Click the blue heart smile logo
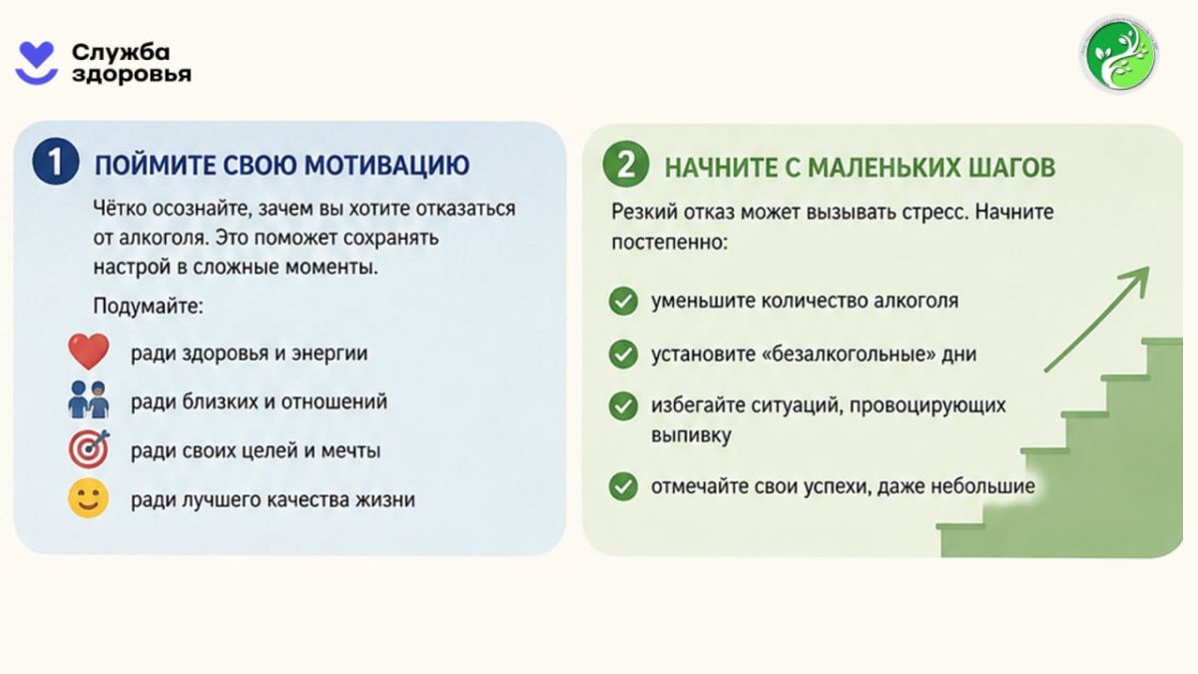(36, 63)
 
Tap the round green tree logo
(1119, 54)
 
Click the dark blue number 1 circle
(56, 162)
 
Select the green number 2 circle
(626, 164)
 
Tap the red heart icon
(88, 351)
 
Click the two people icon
(88, 399)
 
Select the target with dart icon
(89, 448)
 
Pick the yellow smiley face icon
(88, 498)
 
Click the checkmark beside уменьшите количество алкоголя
(623, 301)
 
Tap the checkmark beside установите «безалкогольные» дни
(623, 353)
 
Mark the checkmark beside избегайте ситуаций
(623, 406)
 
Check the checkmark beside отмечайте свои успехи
(623, 486)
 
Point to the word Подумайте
(148, 307)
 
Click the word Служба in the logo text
(121, 52)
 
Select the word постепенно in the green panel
(670, 243)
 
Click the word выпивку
(691, 435)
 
